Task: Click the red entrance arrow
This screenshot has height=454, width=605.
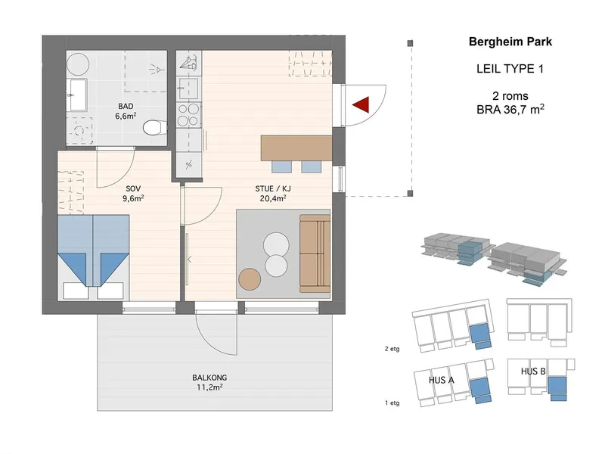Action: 362,104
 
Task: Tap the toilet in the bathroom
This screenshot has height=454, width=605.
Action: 155,128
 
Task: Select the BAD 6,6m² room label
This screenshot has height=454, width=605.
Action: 126,110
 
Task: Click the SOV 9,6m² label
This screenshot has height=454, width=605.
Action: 133,194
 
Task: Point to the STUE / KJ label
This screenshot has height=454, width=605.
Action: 273,188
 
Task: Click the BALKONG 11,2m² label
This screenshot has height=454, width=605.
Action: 209,382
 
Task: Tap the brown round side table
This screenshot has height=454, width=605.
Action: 250,279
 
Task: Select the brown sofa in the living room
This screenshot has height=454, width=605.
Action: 315,253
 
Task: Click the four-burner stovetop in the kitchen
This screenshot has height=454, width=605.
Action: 188,115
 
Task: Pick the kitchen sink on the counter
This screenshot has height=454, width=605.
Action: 188,89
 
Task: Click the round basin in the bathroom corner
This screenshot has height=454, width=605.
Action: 78,64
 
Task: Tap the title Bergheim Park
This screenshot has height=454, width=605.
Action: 510,42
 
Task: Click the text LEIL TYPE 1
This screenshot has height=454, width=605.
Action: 510,69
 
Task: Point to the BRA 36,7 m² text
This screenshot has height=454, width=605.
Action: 510,109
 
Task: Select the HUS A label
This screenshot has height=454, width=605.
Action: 441,381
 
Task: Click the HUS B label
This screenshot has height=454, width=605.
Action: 533,372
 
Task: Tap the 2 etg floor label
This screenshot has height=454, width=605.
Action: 392,349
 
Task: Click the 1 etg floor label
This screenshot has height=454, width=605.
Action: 392,403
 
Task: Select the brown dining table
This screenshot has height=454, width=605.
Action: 296,148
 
